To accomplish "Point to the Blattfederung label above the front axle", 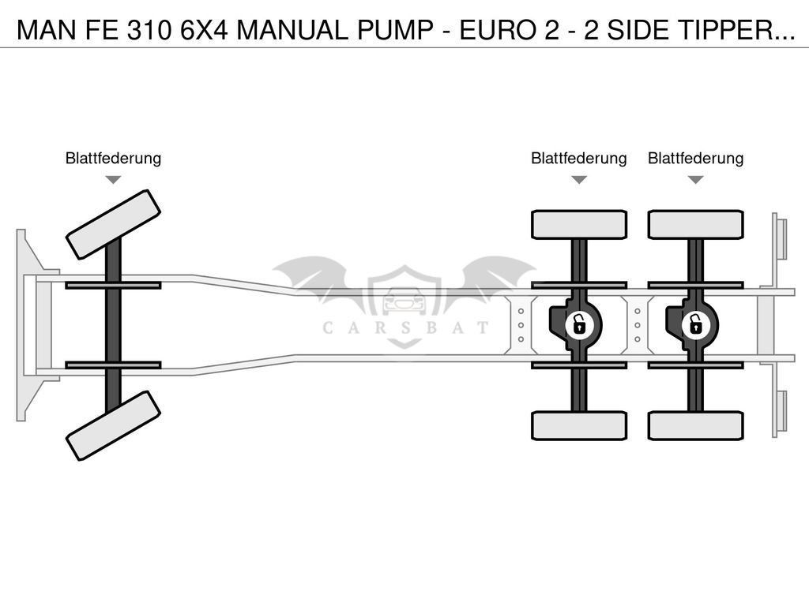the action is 113,158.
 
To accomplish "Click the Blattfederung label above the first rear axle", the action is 579,158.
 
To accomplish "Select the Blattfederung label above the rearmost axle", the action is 695,158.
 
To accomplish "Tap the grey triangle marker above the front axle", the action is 113,179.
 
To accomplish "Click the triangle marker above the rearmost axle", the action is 695,179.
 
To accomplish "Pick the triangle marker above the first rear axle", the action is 579,179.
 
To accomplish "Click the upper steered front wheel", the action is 113,224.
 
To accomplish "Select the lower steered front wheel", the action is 113,425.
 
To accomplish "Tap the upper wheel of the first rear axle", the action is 579,224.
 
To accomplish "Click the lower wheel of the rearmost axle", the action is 695,425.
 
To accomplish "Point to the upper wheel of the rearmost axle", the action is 695,224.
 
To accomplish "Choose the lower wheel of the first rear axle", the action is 579,425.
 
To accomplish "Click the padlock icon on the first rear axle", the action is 579,325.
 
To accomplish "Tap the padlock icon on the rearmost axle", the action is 695,325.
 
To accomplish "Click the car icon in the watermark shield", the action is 404,301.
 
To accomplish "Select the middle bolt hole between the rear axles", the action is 638,325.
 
